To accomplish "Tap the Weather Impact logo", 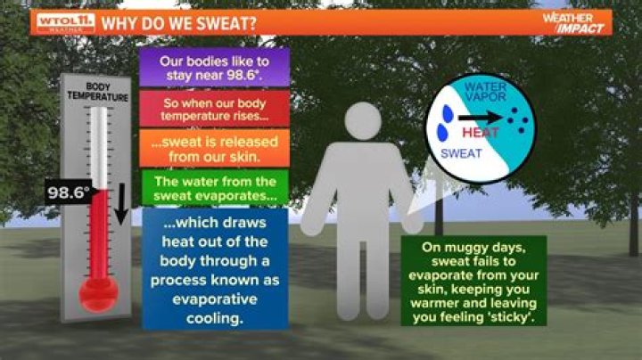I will click(x=572, y=22).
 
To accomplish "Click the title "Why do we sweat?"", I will click(x=178, y=22).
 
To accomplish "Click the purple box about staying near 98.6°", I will click(x=214, y=68).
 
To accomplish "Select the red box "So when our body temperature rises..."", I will click(x=214, y=109).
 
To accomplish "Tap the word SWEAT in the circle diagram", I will click(x=463, y=154).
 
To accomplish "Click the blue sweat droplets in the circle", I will click(x=443, y=132).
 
